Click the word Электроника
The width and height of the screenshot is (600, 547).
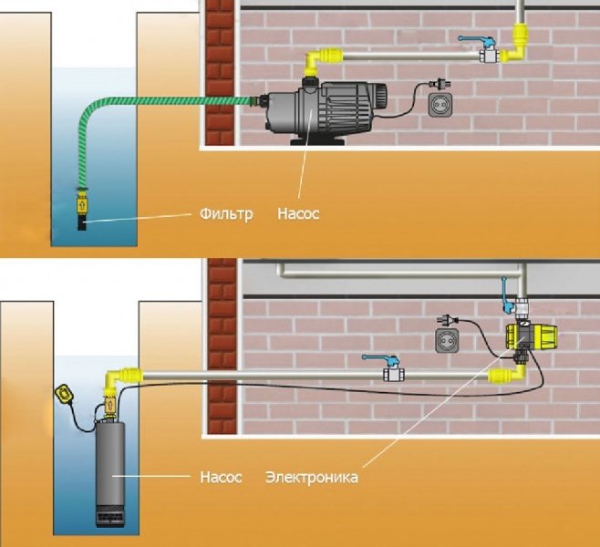[311, 477]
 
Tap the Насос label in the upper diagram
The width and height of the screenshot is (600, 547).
[298, 215]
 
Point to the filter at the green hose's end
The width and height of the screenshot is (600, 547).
[82, 204]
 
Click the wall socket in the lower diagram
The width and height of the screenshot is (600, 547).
[447, 340]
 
